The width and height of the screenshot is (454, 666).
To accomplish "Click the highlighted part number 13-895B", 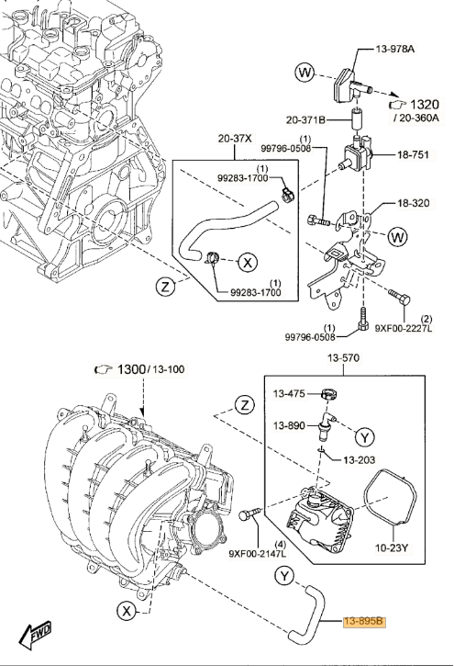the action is (364, 621).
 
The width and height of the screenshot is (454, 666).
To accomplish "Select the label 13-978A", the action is (395, 49).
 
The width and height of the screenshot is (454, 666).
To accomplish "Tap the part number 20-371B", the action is (305, 120).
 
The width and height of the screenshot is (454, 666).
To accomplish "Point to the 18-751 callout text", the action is (413, 154).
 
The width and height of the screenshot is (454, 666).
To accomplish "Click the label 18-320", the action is (414, 203).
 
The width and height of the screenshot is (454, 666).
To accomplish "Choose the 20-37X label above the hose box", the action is (235, 138).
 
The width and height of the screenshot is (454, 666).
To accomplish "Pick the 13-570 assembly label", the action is (343, 358).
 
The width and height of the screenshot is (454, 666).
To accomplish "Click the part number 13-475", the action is (289, 394).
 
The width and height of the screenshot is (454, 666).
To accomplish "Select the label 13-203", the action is (359, 459).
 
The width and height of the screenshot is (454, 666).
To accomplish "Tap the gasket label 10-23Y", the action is (392, 547).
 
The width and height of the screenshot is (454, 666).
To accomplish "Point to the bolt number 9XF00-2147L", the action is (258, 553).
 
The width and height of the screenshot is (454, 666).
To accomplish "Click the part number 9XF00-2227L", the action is (404, 328).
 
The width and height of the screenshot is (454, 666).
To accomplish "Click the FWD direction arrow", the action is (35, 635).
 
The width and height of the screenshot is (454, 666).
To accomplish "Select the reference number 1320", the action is (425, 104).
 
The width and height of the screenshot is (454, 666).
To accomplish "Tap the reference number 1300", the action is (131, 369).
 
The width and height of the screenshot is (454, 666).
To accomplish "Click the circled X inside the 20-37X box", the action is (248, 263).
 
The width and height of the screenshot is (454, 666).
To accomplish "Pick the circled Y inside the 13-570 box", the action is (364, 436).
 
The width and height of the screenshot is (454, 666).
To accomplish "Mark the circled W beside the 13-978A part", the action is (305, 73).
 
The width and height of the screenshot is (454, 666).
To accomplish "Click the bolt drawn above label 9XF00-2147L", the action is (249, 514).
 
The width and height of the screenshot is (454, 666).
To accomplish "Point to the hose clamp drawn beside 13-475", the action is (330, 394).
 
